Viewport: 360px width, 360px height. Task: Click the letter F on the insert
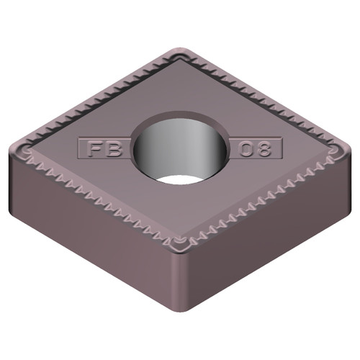click(93, 150)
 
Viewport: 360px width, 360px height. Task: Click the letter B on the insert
click(113, 150)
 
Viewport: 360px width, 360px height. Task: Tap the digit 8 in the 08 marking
click(266, 150)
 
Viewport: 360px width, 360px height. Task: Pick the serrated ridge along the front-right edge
click(259, 198)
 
